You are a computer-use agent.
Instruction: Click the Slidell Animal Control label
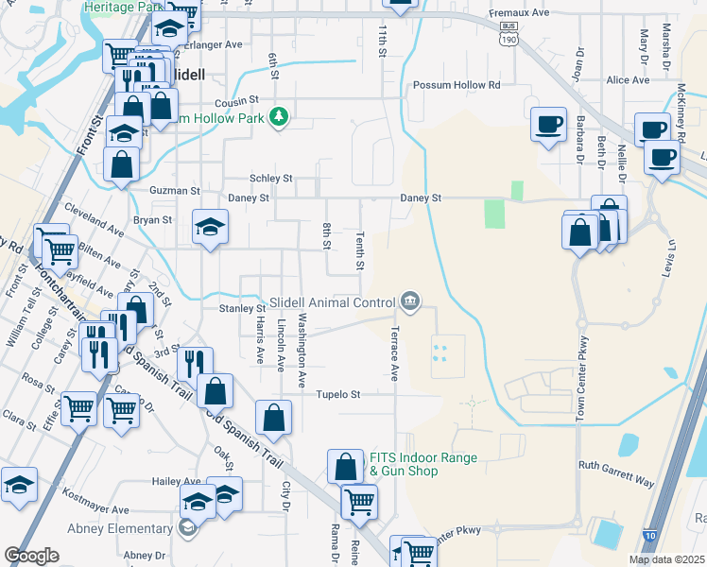point(332,302)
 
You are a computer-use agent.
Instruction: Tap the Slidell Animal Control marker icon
point(410,301)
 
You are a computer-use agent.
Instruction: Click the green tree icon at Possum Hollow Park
point(279,117)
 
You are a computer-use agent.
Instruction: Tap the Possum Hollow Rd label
point(456,85)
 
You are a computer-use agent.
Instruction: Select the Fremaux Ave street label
point(519,13)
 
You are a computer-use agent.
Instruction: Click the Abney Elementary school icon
point(187,528)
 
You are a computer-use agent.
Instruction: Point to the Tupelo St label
point(338,394)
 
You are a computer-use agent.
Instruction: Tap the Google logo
point(31,556)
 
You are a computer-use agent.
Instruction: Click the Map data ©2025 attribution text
point(665,559)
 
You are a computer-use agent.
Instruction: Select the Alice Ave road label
point(629,80)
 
